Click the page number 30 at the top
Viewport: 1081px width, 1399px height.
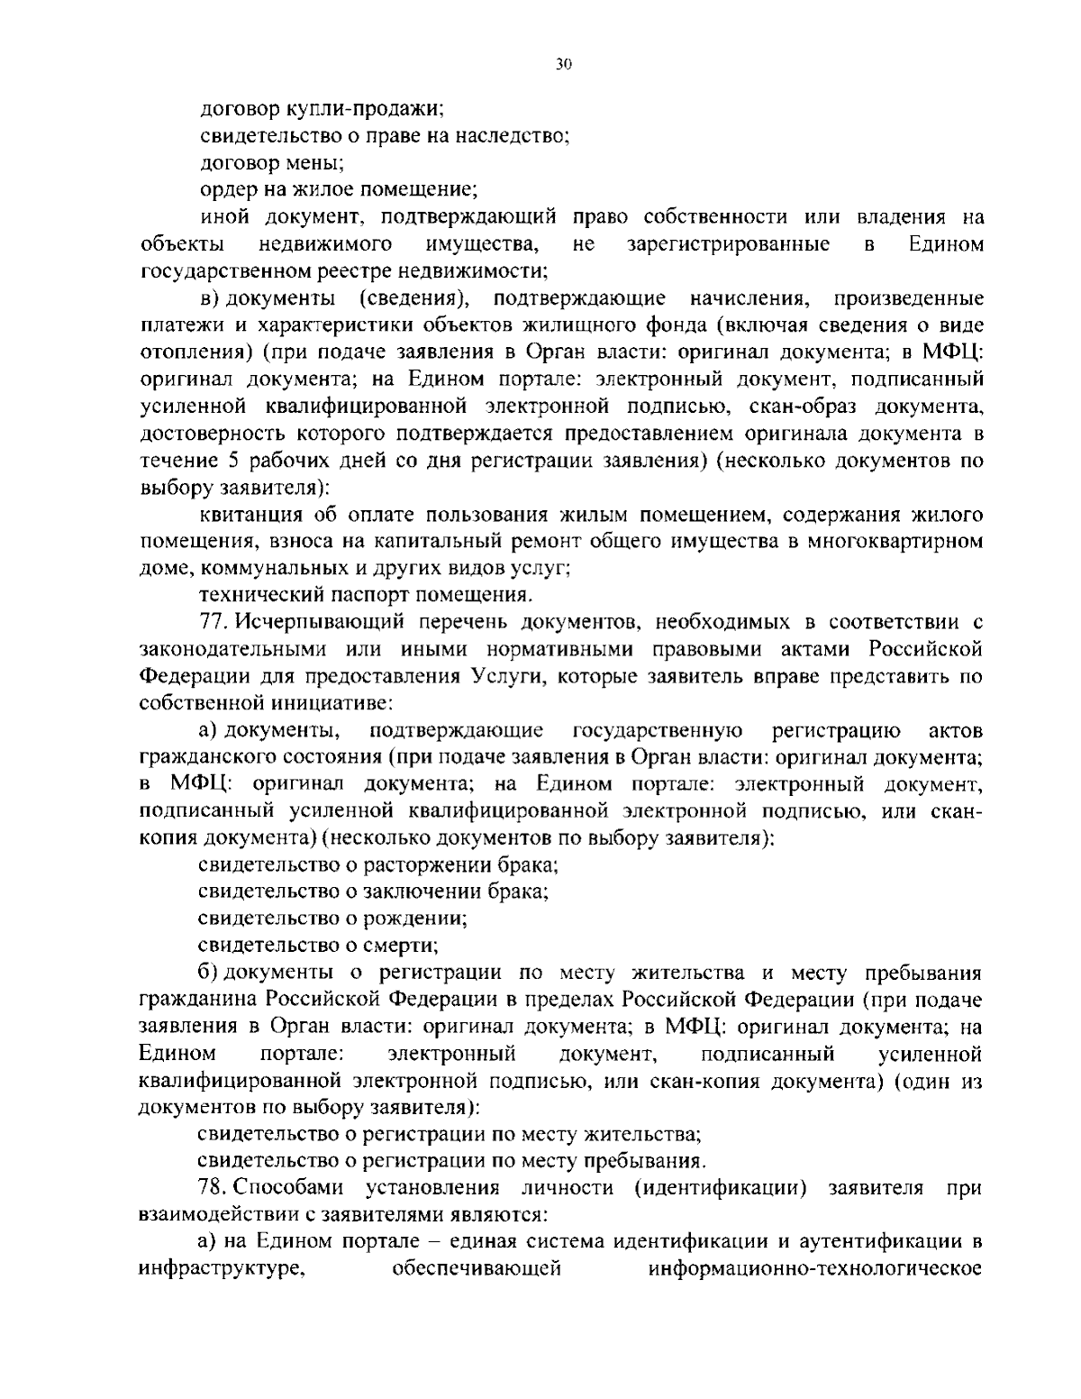tap(564, 64)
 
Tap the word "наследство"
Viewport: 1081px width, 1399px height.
tap(508, 136)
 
